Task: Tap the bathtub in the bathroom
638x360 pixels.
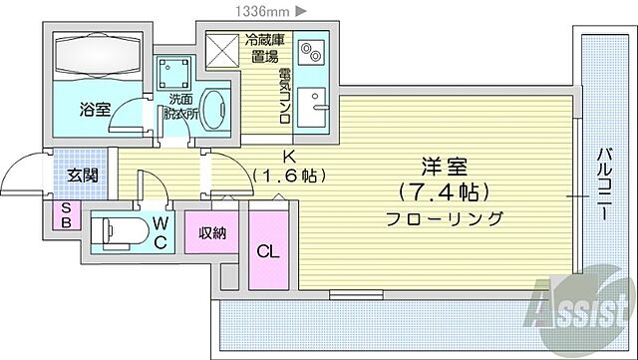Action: tap(98, 56)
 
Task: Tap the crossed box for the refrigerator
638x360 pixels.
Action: tap(219, 48)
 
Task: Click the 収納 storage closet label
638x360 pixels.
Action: tap(211, 234)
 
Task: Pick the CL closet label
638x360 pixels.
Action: tap(267, 251)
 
